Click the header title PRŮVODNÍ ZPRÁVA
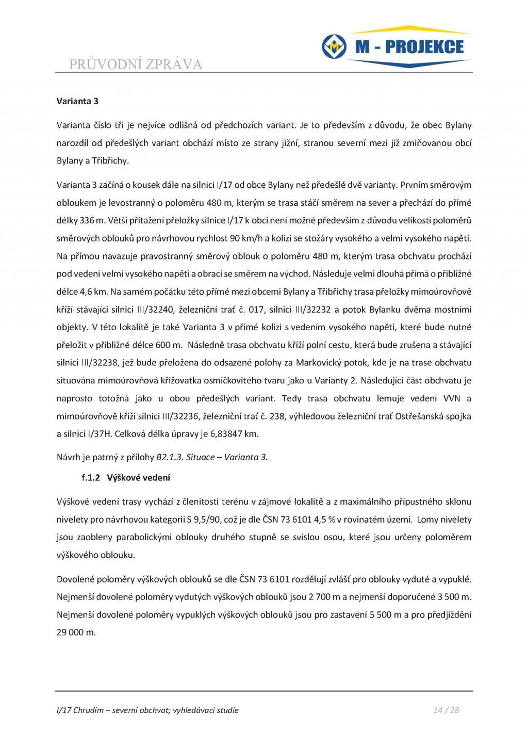136,64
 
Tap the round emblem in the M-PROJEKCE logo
334,47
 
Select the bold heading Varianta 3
77,101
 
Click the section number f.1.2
91,478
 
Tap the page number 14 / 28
446,710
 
